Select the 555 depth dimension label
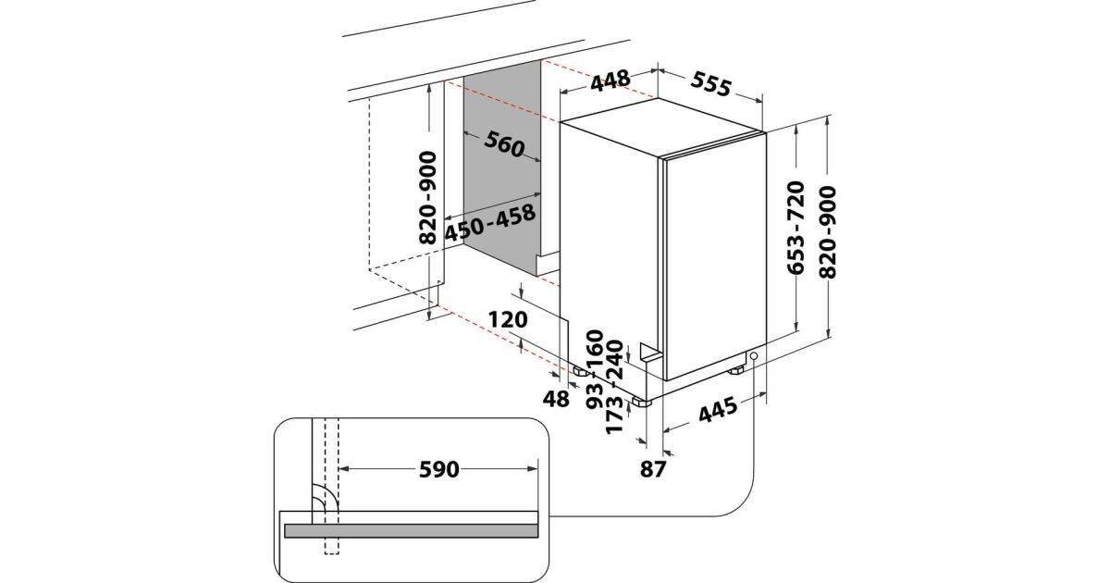point(711,84)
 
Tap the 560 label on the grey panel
point(504,144)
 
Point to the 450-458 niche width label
point(490,223)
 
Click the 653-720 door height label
point(795,228)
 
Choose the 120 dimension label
point(508,320)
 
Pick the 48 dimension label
point(556,399)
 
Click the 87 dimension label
point(653,468)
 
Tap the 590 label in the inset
point(439,469)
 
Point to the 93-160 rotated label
point(595,369)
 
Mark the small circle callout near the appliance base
point(754,356)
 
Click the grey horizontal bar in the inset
point(412,531)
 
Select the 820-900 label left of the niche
point(427,198)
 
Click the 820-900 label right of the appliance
point(828,232)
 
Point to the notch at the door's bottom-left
point(649,353)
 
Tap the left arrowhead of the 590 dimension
point(343,469)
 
